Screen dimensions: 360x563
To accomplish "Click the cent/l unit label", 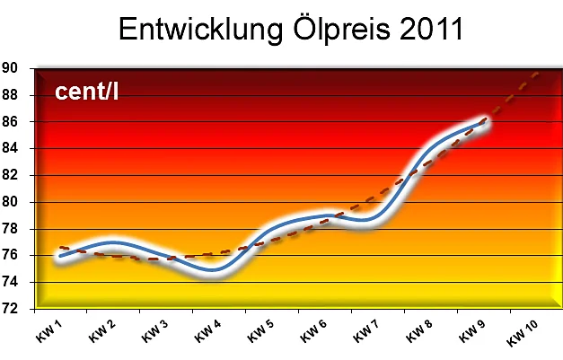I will tap(87, 91).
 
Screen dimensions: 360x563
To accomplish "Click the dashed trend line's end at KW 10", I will tap(538, 72).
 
